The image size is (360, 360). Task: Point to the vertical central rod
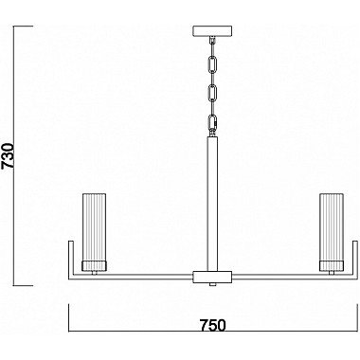[x=212, y=199]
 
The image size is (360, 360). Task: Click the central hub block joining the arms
[x=212, y=278]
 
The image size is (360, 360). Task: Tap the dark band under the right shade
[x=331, y=264]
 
